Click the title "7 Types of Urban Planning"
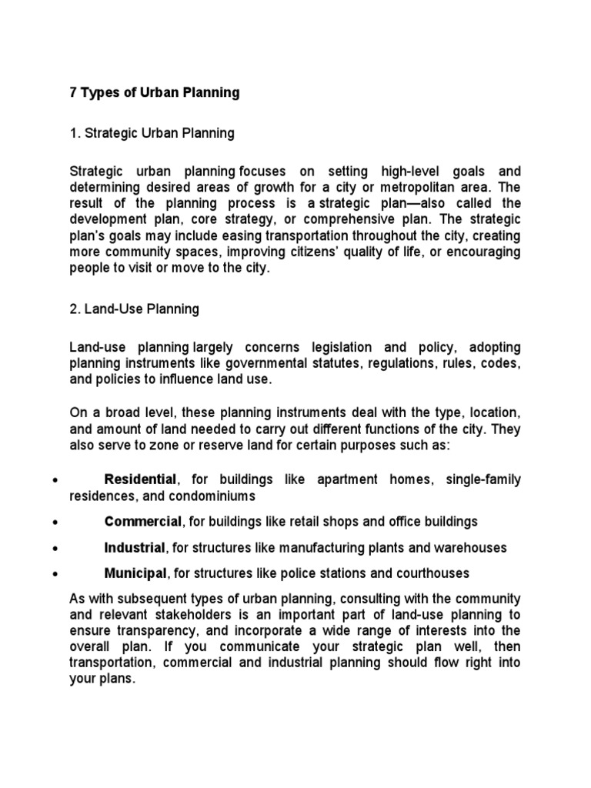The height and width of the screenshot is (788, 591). [x=154, y=92]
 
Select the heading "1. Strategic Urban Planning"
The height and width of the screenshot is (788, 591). [x=152, y=133]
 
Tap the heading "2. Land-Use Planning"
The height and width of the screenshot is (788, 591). [x=134, y=309]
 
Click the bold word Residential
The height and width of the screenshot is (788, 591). [x=141, y=479]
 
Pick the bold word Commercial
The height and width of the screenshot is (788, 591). [x=143, y=522]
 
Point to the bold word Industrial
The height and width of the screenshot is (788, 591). [x=135, y=548]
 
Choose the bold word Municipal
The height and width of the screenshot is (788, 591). [x=135, y=573]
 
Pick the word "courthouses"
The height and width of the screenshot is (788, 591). [x=432, y=573]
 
